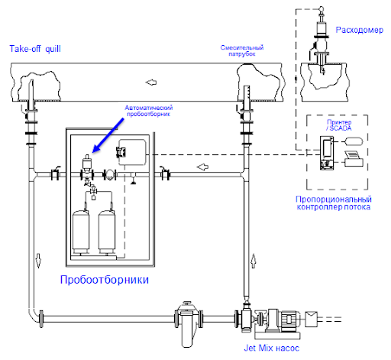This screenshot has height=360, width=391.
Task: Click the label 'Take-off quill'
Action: pyautogui.click(x=35, y=49)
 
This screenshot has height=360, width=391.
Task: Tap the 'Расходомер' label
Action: pyautogui.click(x=359, y=30)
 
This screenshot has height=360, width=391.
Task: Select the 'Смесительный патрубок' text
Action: pyautogui.click(x=242, y=50)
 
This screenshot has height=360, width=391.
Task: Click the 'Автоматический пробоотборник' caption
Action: pyautogui.click(x=149, y=111)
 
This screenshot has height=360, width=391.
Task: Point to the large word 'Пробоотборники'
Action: pyautogui.click(x=105, y=280)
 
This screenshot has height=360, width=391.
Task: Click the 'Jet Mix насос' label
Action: pyautogui.click(x=271, y=348)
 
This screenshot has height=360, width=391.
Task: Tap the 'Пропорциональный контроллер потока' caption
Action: pyautogui.click(x=334, y=203)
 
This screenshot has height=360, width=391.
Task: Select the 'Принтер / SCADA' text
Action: pyautogui.click(x=339, y=125)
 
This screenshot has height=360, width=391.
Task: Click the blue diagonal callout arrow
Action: pyautogui.click(x=108, y=135)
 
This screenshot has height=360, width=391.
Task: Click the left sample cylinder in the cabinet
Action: pyautogui.click(x=81, y=231)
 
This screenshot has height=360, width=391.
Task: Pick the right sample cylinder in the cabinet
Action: pyautogui.click(x=107, y=231)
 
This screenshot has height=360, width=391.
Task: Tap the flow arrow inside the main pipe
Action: pyautogui.click(x=151, y=83)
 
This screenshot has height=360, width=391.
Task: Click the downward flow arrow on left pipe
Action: pyautogui.click(x=38, y=261)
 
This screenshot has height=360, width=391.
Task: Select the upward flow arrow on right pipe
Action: pyautogui.click(x=254, y=261)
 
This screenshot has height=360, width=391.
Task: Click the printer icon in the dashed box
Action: pyautogui.click(x=354, y=159)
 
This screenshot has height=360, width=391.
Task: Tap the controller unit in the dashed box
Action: pyautogui.click(x=327, y=153)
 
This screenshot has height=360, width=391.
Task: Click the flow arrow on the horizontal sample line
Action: pyautogui.click(x=202, y=167)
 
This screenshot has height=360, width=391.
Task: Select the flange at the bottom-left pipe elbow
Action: pyautogui.click(x=41, y=319)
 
